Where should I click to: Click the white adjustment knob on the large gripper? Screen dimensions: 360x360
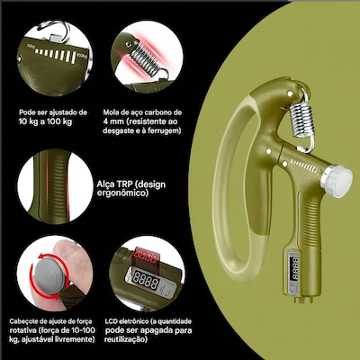pos(337,181)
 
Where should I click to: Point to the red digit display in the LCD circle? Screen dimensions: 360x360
pos(147,256)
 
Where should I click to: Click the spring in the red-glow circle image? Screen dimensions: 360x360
pos(147,61)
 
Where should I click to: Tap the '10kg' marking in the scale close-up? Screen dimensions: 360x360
pos(30,46)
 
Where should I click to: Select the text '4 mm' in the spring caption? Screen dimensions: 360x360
pos(113,121)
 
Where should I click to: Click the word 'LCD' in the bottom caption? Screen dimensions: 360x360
pos(112,321)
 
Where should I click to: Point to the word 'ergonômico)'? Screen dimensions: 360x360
pos(122,193)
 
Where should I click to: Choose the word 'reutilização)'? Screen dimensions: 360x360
pos(126,339)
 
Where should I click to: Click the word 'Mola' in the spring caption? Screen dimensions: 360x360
pos(111,112)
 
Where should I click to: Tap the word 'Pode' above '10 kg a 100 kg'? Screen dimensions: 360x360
pos(26,112)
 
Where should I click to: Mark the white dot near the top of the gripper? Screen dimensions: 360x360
pos(290,94)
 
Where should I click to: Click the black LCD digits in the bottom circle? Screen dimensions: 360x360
pos(146,279)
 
